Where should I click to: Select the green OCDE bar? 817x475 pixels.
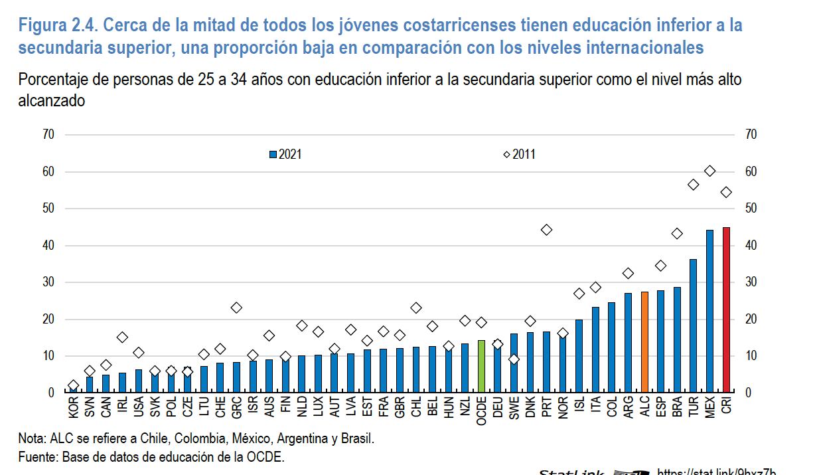[x=482, y=366]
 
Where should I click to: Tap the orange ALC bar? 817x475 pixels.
[x=644, y=341]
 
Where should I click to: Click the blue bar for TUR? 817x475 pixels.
[x=694, y=326]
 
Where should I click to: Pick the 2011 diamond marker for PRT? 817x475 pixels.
[x=547, y=230]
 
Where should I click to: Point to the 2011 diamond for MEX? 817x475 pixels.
[x=709, y=171]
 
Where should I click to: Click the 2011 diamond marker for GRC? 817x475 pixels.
[x=237, y=308]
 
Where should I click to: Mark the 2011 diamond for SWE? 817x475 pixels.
[x=514, y=359]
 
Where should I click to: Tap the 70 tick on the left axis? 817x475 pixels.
[x=48, y=135]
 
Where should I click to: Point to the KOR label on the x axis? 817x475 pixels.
[x=74, y=407]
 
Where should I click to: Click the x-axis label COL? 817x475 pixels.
[x=612, y=407]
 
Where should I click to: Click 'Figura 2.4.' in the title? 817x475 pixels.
[x=57, y=26]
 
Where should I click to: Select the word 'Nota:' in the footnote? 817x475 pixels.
[x=32, y=440]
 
